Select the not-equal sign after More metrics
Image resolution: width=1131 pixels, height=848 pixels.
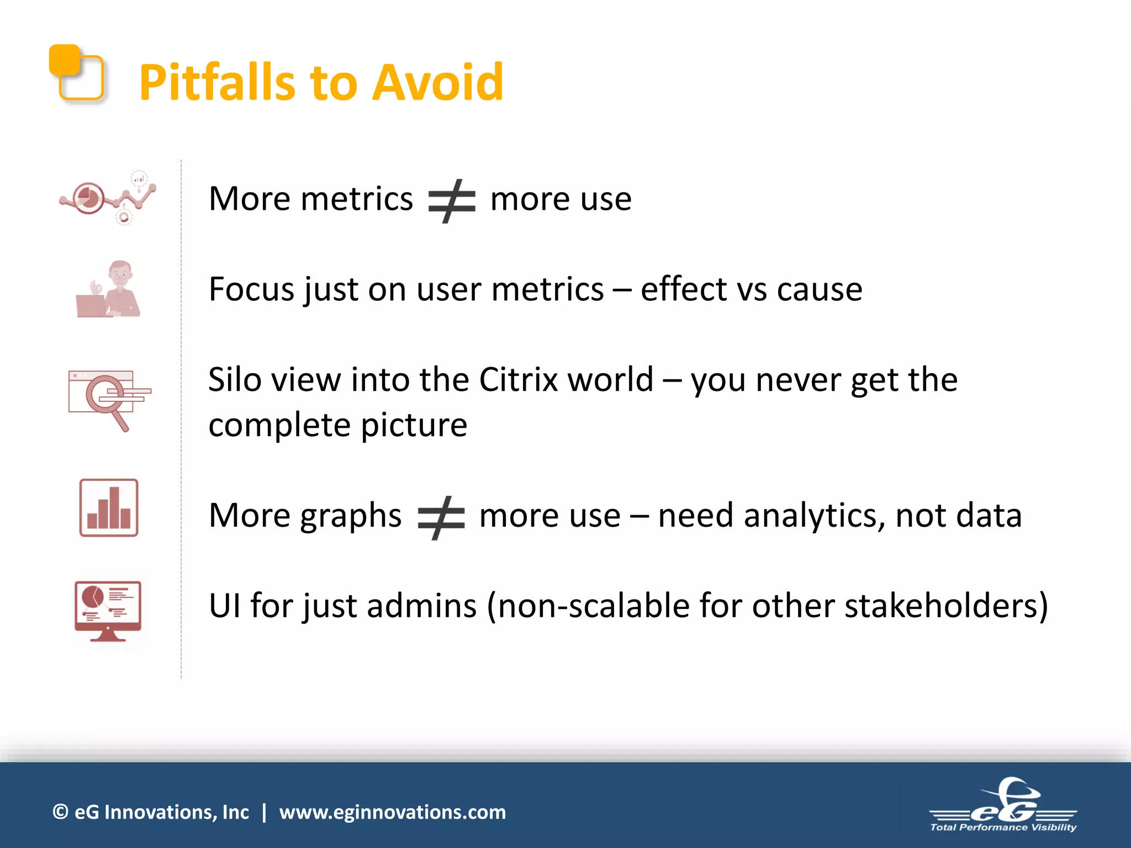(x=452, y=200)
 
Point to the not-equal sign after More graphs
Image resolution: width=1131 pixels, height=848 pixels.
(x=441, y=517)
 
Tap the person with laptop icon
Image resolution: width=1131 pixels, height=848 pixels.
(x=109, y=289)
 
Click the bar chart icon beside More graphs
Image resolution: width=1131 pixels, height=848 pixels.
(x=109, y=508)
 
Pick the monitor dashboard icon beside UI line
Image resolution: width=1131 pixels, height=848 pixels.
(x=108, y=611)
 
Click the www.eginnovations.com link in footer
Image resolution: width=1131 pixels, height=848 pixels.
(x=392, y=812)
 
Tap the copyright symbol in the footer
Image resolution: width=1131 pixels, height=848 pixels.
(x=60, y=812)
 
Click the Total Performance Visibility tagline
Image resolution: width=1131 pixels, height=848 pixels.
(x=1003, y=827)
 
